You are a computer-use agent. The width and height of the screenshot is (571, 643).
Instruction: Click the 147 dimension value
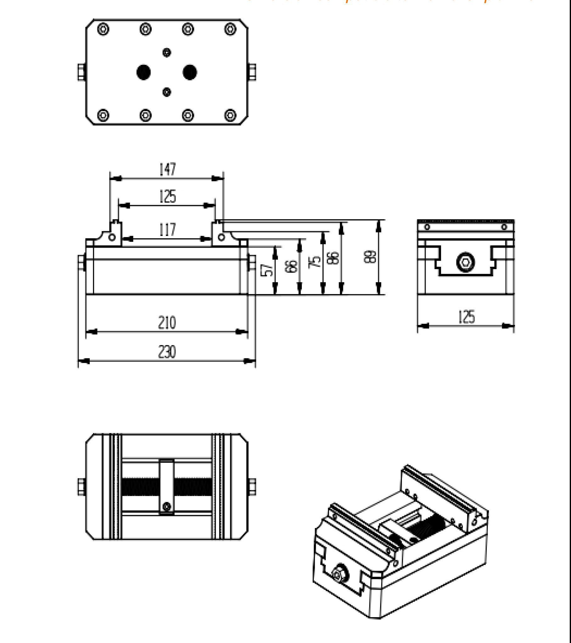(167, 169)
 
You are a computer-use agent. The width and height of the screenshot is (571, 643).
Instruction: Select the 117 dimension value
(167, 229)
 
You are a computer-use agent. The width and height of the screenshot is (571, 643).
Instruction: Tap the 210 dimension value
(167, 323)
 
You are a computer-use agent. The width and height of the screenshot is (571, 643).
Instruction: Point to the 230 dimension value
(167, 352)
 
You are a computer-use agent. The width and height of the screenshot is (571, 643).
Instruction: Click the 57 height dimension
(268, 270)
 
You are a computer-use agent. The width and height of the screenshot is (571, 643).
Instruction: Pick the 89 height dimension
(371, 257)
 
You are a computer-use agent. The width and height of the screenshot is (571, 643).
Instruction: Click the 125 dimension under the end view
(466, 316)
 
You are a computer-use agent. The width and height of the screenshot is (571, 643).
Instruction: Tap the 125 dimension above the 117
(167, 196)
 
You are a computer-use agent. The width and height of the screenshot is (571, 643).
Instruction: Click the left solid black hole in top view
(144, 72)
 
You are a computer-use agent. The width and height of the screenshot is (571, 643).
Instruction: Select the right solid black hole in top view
(190, 72)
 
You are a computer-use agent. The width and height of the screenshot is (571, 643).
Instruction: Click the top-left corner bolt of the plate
(103, 29)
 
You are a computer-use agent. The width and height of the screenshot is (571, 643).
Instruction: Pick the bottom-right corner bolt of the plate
(230, 115)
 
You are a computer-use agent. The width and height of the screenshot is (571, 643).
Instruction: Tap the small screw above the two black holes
(167, 52)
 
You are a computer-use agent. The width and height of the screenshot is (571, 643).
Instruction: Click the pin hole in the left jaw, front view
(112, 237)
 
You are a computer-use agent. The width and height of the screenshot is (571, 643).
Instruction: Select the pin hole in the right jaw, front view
(221, 237)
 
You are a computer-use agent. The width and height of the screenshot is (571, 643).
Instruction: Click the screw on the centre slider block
(167, 506)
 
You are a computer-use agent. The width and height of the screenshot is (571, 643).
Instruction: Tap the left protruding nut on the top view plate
(81, 72)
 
